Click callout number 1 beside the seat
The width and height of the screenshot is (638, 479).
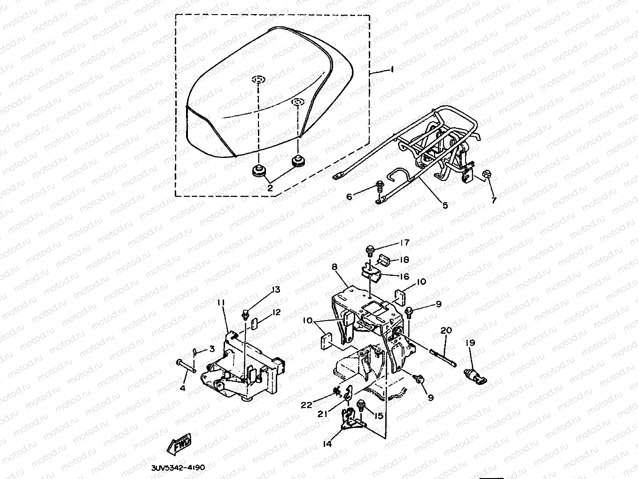point(392,69)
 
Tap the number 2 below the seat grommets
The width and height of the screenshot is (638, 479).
point(270,188)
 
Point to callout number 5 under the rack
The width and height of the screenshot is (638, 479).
point(445,205)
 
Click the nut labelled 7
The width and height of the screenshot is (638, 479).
point(487,176)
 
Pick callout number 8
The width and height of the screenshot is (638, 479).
point(334,267)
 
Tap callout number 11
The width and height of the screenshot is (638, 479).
point(221,301)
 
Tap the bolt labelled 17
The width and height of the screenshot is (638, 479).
point(369,249)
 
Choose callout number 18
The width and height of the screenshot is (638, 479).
point(404,259)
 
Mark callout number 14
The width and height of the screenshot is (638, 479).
point(327,443)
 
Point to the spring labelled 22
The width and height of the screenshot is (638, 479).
point(335,389)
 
